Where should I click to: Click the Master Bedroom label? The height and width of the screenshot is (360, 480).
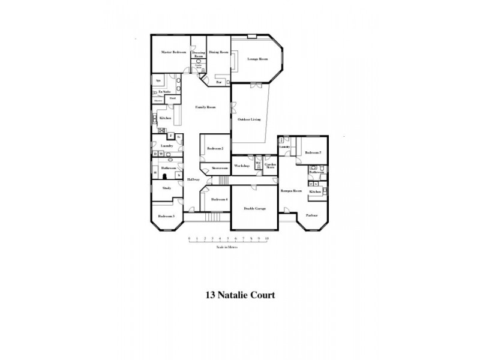[x=174, y=53]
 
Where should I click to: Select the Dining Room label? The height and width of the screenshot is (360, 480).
[x=219, y=53]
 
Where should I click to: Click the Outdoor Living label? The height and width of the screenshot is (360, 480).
[x=249, y=120]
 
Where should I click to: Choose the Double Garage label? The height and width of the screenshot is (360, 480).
[x=254, y=208]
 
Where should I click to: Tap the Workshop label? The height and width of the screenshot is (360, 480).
[x=242, y=165]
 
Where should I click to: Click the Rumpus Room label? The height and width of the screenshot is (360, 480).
[x=290, y=191]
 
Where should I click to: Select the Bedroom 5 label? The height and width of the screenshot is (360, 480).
[x=313, y=153]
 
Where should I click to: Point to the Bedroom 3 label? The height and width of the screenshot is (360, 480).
[x=166, y=216]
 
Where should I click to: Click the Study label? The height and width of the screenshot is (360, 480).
[x=167, y=188]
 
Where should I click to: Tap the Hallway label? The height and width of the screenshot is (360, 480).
[x=193, y=179]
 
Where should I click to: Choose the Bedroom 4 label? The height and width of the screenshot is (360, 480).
[x=218, y=199]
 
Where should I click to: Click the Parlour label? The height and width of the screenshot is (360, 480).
[x=311, y=214]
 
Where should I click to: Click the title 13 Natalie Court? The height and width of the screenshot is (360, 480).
[x=240, y=295]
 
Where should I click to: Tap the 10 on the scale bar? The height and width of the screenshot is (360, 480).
[x=267, y=239]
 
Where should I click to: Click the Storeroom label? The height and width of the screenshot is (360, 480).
[x=218, y=169]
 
